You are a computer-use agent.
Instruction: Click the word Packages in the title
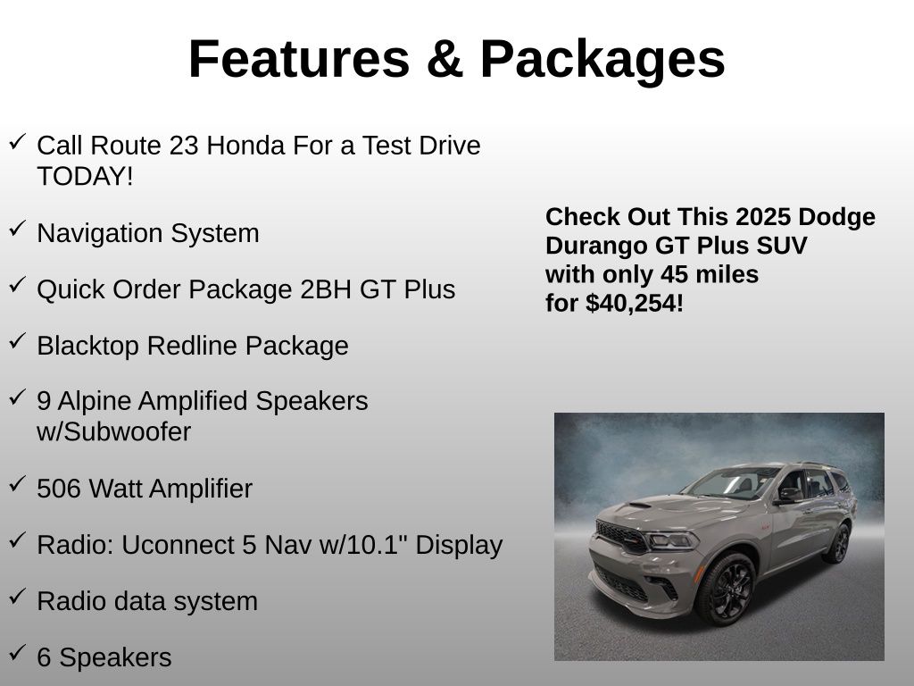pos(602,60)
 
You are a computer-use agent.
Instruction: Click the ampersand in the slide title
pos(445,60)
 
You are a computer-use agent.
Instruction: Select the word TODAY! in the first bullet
pos(85,176)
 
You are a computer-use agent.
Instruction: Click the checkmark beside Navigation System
pos(17,230)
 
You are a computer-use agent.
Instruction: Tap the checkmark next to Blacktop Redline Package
pos(17,342)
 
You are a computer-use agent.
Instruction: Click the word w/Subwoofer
pos(113,432)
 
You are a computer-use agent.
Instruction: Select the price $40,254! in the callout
pos(635,304)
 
